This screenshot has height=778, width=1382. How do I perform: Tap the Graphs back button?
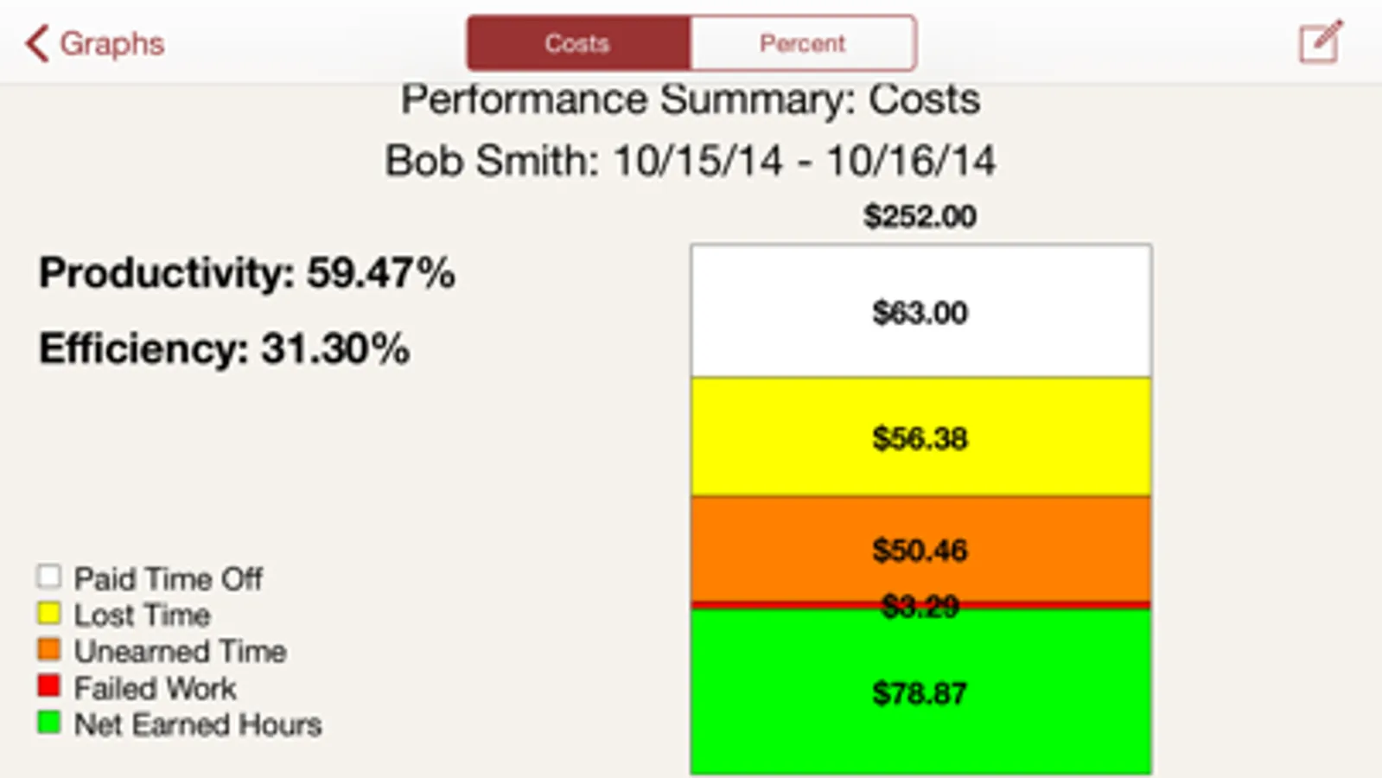(95, 43)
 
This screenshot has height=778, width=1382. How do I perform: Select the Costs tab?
(578, 43)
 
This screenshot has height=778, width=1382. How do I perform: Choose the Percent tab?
(803, 43)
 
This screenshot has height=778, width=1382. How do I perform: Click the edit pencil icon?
(1321, 41)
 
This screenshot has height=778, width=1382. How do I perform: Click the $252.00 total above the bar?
(920, 216)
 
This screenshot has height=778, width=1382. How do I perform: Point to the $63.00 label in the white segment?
(920, 312)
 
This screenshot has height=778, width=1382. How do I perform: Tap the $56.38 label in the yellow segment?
(920, 438)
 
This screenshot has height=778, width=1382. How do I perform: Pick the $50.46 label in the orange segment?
(920, 550)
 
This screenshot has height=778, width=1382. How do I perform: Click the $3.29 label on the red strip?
(920, 606)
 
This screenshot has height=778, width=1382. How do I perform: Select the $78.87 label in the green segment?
(920, 692)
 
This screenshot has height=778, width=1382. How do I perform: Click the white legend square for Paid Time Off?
(49, 577)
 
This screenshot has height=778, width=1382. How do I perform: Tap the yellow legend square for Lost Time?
(49, 614)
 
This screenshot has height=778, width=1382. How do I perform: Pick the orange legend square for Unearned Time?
(49, 649)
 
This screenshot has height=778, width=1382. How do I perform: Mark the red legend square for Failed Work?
(49, 686)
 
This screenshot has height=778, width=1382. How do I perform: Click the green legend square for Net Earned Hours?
(49, 723)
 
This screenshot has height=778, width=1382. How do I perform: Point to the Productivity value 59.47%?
(380, 273)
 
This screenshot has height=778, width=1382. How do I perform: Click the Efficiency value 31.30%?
(335, 349)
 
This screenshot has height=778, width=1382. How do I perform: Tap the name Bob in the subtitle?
(424, 161)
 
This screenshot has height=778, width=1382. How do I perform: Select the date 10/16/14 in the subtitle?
(911, 161)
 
